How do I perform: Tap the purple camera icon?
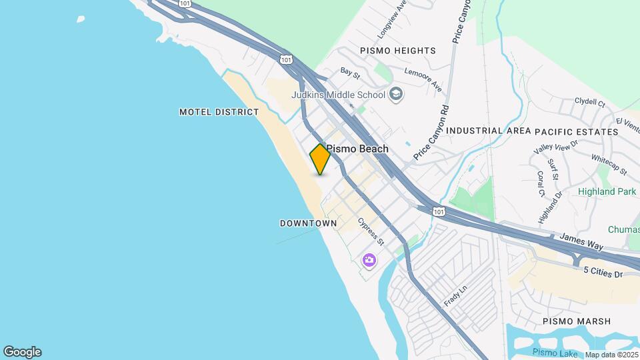click(369, 260)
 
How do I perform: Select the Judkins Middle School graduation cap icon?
click(396, 94)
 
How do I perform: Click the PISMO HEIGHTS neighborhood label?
click(397, 51)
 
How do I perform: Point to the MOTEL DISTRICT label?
click(219, 112)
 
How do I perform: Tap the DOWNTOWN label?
click(308, 223)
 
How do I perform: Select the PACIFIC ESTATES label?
click(577, 131)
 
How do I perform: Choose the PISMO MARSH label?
click(577, 321)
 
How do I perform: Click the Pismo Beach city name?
click(357, 149)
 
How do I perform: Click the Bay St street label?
click(350, 70)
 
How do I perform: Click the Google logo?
click(22, 352)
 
